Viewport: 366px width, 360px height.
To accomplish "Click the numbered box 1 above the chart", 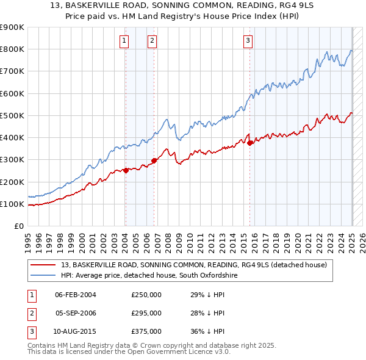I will (124, 41).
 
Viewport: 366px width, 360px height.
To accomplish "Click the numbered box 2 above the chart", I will (152, 41).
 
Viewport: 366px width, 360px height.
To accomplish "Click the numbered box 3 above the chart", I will (248, 41).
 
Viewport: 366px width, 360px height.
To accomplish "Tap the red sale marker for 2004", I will (126, 171).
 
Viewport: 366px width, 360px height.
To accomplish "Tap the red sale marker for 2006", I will (154, 161).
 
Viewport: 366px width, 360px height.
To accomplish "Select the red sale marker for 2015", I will (250, 143).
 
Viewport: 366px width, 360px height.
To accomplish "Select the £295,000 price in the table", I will (146, 313).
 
